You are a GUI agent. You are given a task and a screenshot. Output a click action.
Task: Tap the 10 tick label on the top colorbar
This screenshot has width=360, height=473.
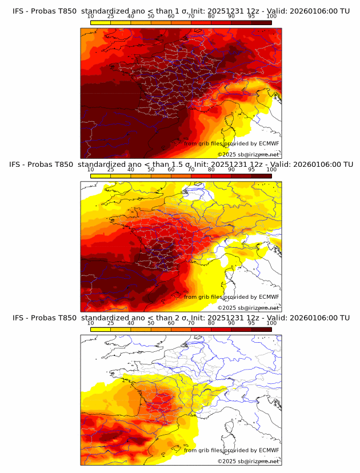90,17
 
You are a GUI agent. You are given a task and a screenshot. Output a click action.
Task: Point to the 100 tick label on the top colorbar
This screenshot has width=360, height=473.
271,17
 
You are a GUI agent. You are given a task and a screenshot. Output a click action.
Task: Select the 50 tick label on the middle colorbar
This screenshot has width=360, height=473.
151,170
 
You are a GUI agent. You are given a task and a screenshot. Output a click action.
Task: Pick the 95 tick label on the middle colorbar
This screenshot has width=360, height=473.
251,170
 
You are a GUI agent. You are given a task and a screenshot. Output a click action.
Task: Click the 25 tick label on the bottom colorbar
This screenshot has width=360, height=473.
111,323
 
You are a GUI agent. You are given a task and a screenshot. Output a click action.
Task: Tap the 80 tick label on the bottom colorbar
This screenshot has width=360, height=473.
211,323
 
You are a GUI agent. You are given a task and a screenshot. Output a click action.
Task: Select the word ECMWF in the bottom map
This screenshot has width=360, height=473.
269,450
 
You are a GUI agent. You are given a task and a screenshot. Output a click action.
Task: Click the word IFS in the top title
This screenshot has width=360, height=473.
18,11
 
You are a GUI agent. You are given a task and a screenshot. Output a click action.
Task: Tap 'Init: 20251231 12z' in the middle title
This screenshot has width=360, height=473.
224,165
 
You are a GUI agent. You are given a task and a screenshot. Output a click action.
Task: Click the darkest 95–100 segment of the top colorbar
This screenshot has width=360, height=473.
262,22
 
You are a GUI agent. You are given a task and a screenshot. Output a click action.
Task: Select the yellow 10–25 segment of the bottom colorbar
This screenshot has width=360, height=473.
101,329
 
